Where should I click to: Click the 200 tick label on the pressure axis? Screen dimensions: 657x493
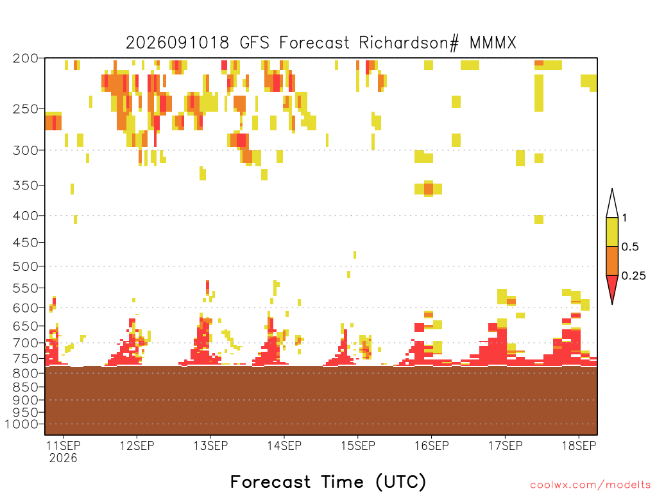[x=26, y=58]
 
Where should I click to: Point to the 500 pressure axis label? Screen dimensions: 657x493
[x=26, y=266]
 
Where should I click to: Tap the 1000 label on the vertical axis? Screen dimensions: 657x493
[x=22, y=424]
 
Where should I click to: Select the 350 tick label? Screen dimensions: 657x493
[x=26, y=186]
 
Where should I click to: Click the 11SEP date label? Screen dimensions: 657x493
[x=64, y=445]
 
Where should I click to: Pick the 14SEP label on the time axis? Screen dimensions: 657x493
[x=284, y=445]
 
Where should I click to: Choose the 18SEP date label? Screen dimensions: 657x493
[x=579, y=445]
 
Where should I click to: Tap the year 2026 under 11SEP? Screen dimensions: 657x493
[x=64, y=458]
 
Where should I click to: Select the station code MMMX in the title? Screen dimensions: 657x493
[x=493, y=43]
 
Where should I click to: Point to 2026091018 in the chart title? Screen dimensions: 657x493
[x=178, y=43]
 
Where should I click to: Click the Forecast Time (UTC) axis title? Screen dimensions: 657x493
[x=328, y=481]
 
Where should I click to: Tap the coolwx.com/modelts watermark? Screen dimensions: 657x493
[x=590, y=485]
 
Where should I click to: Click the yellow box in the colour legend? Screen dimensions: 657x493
[x=612, y=232]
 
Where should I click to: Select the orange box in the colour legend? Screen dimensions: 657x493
[x=612, y=261]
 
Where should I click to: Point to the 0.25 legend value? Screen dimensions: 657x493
[x=633, y=276]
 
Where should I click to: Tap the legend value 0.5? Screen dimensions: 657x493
[x=630, y=247]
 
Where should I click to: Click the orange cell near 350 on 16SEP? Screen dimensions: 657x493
[x=428, y=189]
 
